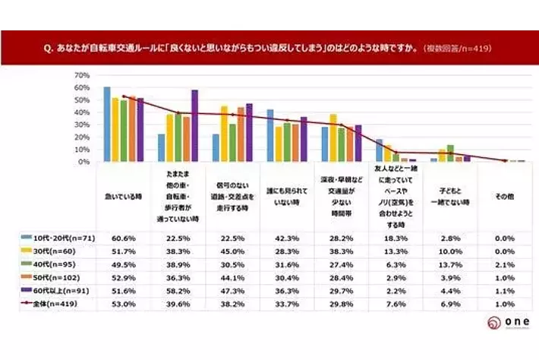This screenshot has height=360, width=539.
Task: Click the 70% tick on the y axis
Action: pyautogui.click(x=82, y=76)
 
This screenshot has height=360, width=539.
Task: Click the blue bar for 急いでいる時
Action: pyautogui.click(x=107, y=124)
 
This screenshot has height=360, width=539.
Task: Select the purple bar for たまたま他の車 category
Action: pyautogui.click(x=194, y=125)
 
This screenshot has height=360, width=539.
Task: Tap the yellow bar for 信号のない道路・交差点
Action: pyautogui.click(x=224, y=134)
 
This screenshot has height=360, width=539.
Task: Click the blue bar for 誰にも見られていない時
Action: pyautogui.click(x=270, y=135)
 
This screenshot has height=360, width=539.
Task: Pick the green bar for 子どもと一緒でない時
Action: pyautogui.click(x=450, y=153)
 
